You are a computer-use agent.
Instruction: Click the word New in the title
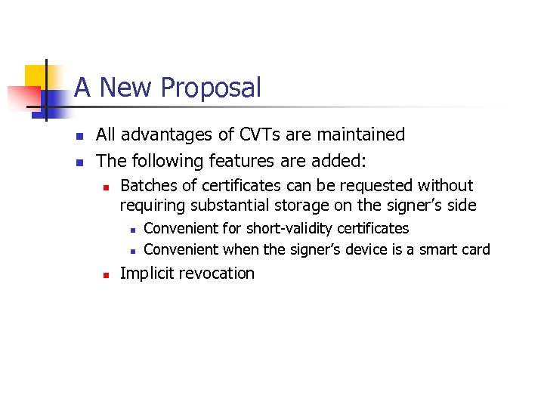124,88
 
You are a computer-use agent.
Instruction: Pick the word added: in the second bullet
339,161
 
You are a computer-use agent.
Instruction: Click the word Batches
148,186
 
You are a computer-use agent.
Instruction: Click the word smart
440,249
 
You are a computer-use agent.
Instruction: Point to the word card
476,249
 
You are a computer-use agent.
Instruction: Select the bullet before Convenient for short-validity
131,229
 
